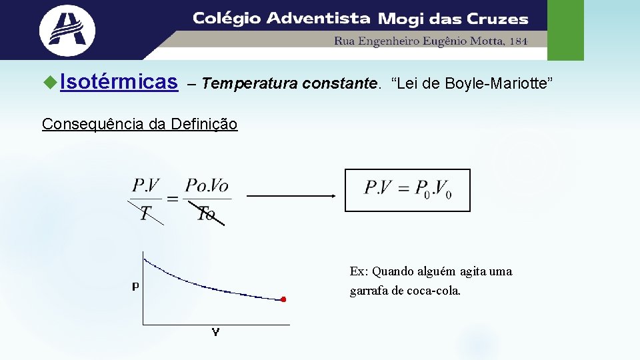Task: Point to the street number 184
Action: [517, 41]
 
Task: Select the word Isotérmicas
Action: [119, 83]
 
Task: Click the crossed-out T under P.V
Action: [145, 213]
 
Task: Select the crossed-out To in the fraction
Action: [206, 213]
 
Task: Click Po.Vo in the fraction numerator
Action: [207, 185]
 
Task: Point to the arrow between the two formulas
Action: [291, 196]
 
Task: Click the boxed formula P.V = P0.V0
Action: [407, 190]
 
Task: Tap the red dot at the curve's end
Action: [283, 300]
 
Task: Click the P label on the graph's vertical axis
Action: [135, 287]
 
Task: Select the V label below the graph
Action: [215, 332]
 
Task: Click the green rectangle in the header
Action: [565, 30]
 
